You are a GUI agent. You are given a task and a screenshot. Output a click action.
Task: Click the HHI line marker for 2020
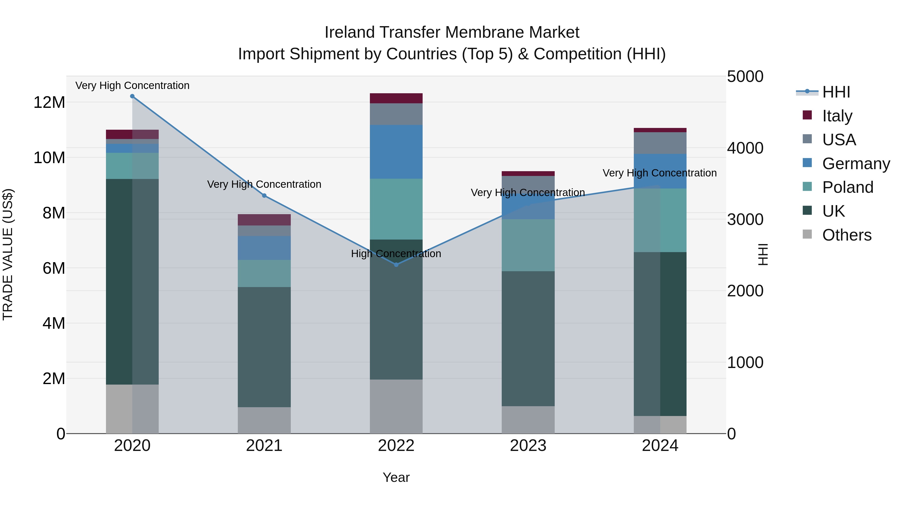(132, 96)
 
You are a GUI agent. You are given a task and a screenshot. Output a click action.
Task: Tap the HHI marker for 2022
(396, 264)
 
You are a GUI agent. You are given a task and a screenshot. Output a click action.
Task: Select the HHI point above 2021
(264, 196)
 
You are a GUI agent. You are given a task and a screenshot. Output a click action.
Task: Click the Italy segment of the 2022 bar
(396, 98)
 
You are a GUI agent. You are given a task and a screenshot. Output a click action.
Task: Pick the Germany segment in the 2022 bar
(396, 152)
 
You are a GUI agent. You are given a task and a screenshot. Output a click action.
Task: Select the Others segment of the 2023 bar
(528, 420)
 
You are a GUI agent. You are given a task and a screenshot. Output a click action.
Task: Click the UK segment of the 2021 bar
(264, 347)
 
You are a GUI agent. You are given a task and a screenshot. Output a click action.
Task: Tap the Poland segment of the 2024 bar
(660, 220)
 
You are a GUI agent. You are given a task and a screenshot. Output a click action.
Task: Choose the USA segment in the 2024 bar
(660, 143)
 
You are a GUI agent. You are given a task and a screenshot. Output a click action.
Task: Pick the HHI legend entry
(836, 92)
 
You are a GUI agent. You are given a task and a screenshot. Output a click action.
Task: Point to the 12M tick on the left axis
(49, 103)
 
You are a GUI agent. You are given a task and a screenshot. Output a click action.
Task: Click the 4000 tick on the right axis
(745, 148)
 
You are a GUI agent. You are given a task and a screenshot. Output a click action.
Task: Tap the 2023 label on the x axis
(528, 446)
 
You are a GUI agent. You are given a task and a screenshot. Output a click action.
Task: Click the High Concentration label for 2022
(396, 254)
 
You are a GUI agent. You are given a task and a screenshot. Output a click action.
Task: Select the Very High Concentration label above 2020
(132, 85)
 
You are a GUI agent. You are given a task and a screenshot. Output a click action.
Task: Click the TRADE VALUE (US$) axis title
(8, 254)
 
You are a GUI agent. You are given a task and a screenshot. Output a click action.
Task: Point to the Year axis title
(396, 477)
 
